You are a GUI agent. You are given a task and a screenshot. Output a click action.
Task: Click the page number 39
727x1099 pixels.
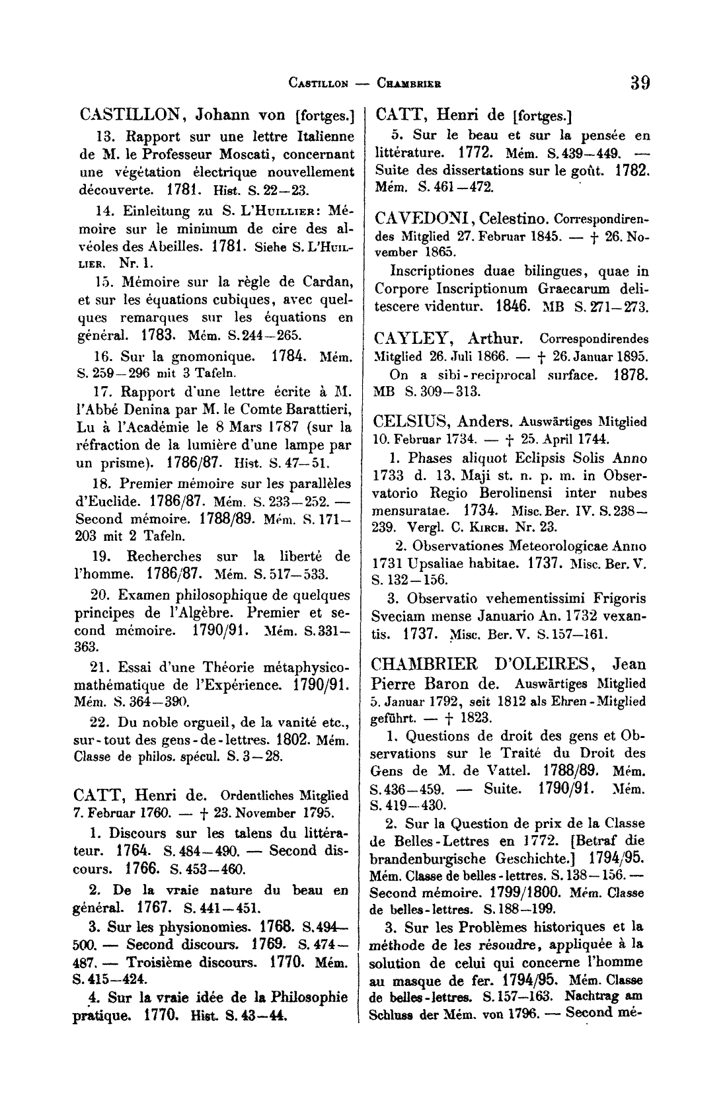(x=640, y=83)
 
